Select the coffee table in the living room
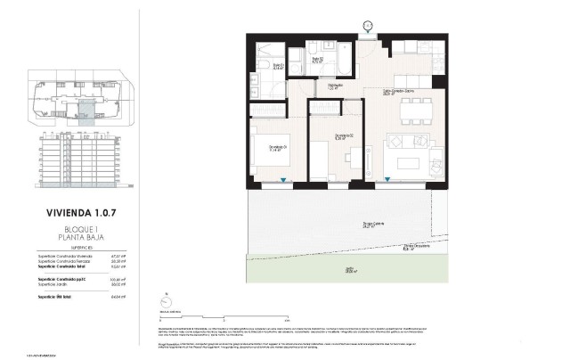[x=409, y=161]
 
